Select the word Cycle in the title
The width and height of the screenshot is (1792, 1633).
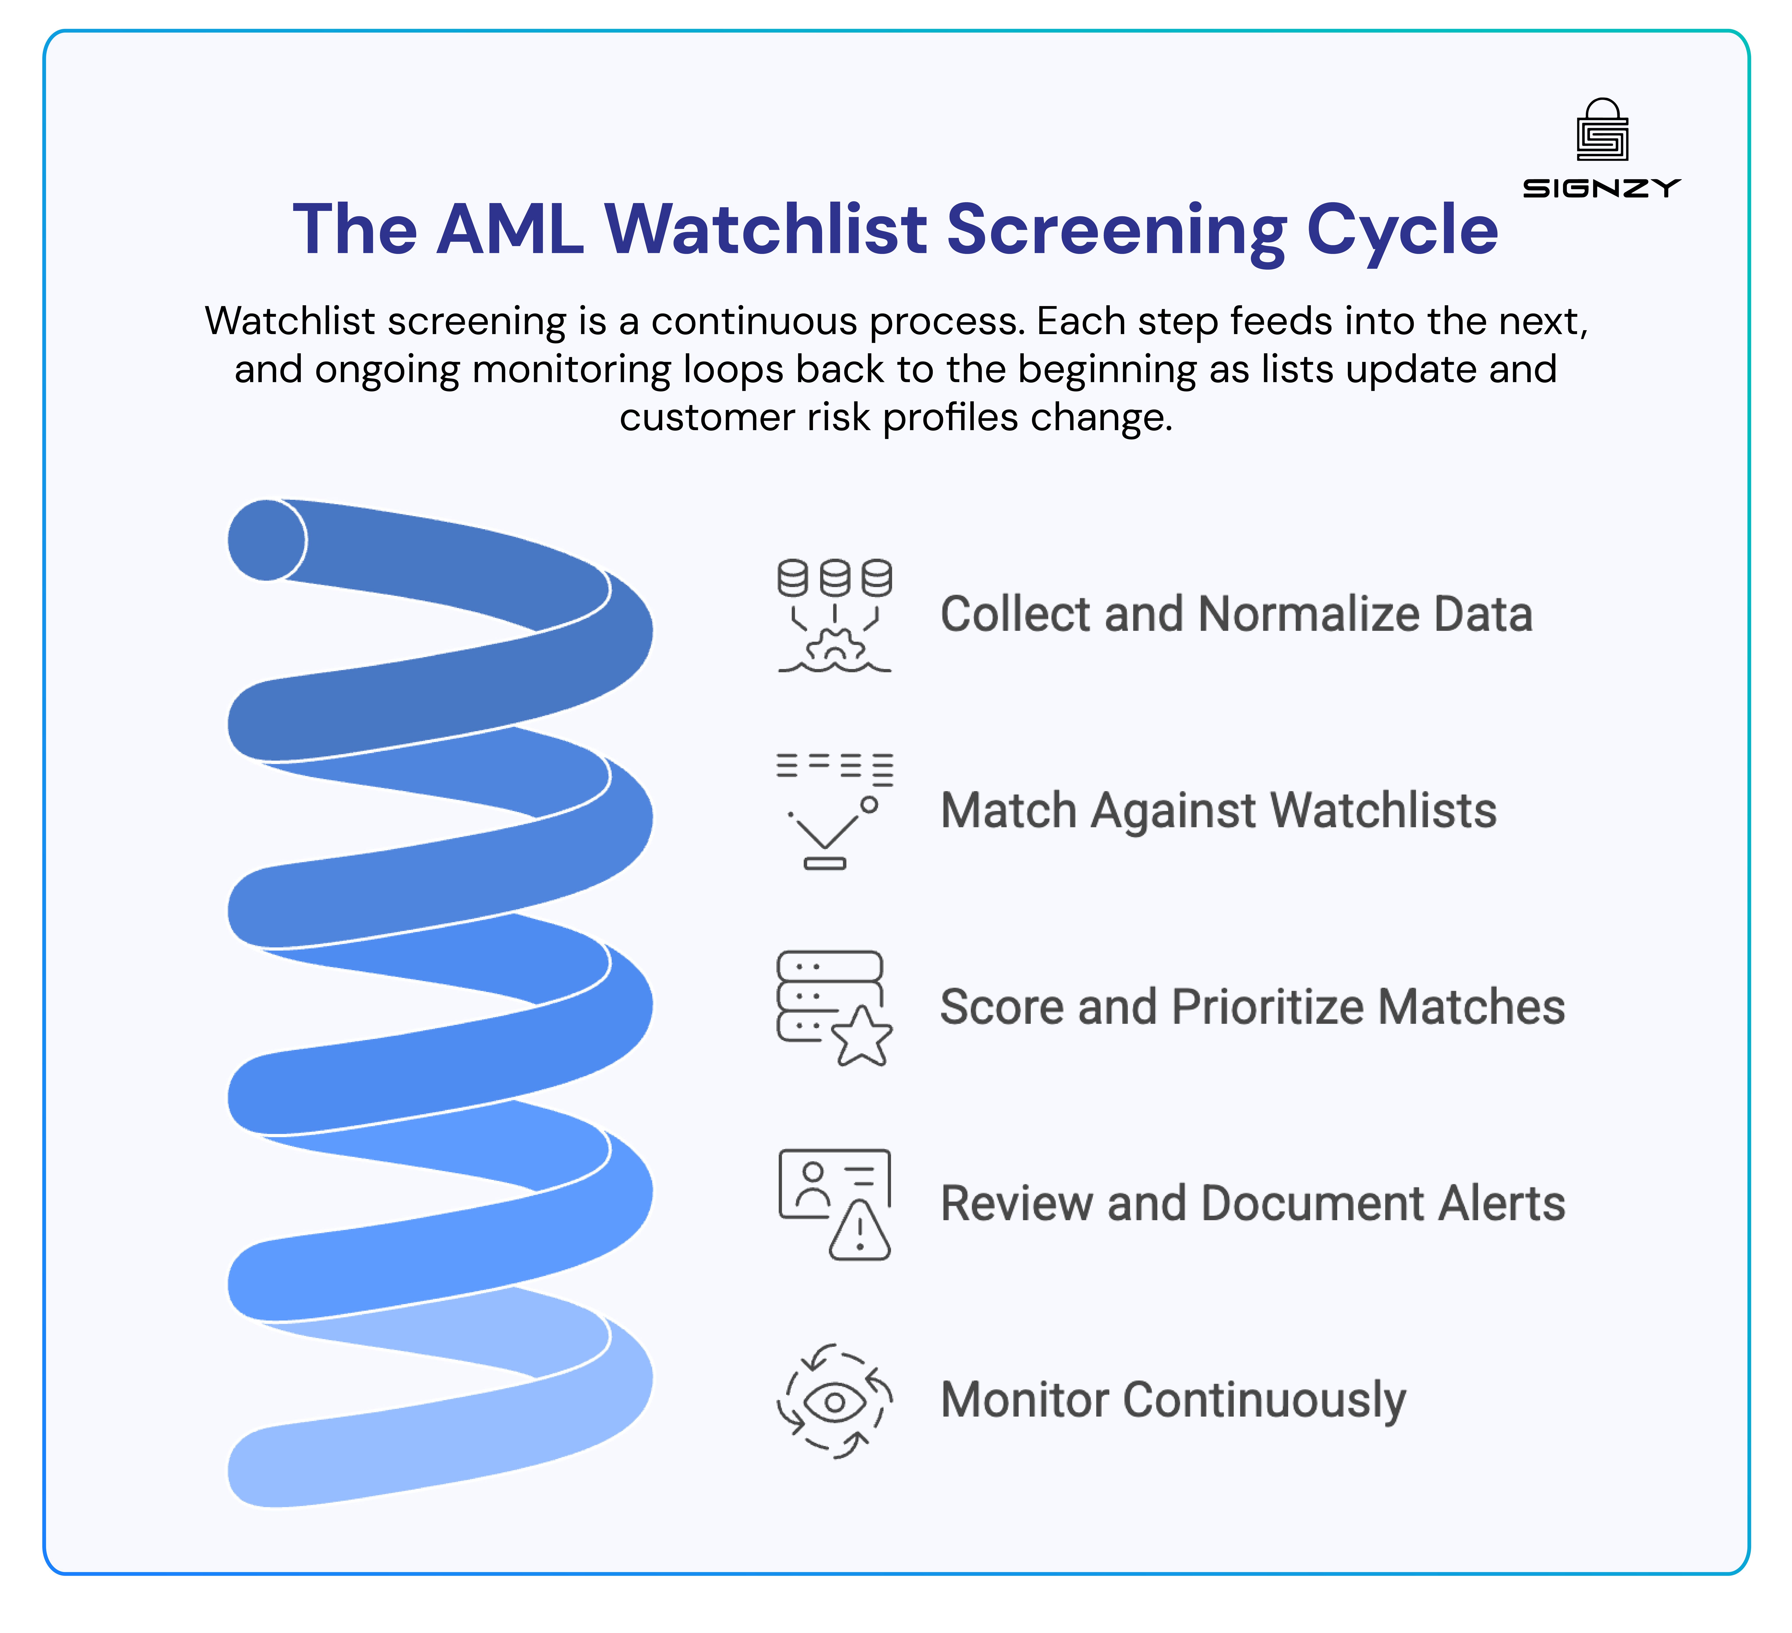(x=1402, y=229)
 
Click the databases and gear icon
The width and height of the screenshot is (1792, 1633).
(x=834, y=615)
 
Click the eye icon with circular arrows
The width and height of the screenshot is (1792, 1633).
(x=834, y=1402)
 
